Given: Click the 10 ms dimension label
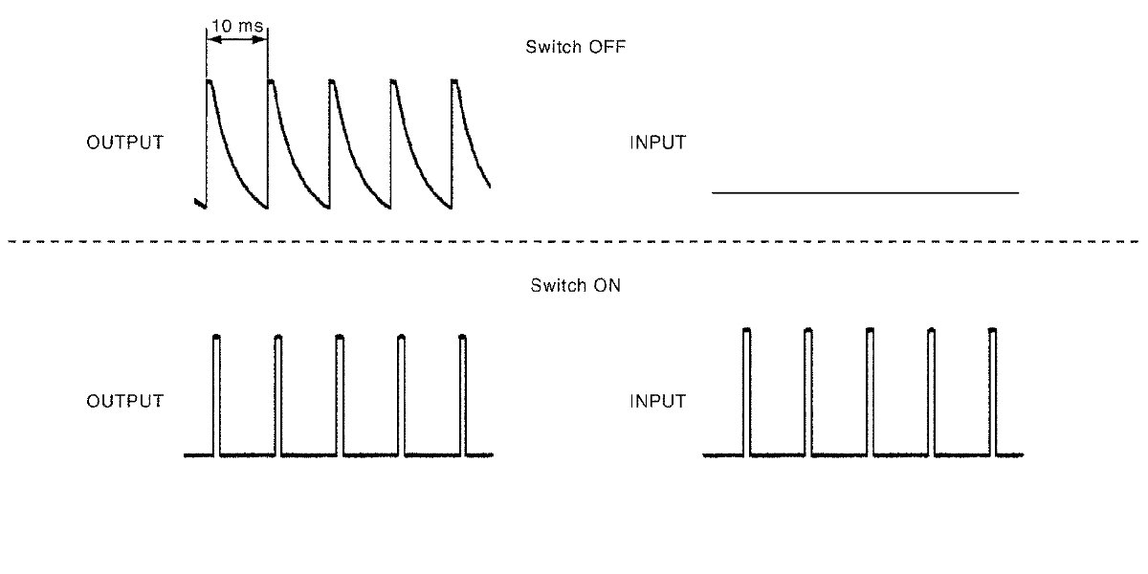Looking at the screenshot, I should click(236, 27).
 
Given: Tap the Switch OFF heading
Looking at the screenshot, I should click(576, 47).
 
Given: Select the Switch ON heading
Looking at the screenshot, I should click(576, 285).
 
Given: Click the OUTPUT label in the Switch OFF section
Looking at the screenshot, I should click(124, 143).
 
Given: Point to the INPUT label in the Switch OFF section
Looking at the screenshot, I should click(657, 143).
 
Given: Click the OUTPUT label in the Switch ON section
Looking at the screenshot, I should click(124, 401).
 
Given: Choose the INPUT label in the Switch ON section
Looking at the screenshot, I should click(657, 401).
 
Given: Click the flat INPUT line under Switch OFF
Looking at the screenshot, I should click(865, 193).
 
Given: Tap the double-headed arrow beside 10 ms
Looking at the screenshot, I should click(236, 41).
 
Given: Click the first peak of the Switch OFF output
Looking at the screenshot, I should click(210, 83).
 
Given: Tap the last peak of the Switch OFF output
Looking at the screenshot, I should click(454, 83).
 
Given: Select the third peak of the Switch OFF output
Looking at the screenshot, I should click(332, 83).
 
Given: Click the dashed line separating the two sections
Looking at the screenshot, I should click(574, 242).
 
